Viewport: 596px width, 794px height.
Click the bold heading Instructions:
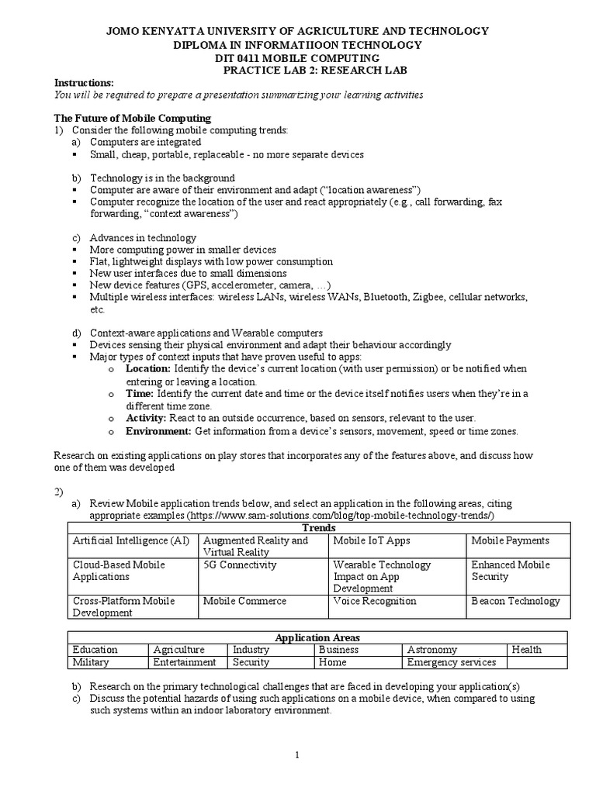(83, 83)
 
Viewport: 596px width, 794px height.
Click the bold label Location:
(147, 368)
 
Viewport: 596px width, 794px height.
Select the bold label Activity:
(146, 418)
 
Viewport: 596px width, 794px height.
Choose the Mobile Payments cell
(509, 540)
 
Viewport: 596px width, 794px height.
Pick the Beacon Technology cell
(515, 601)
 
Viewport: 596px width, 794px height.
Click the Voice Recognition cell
(374, 601)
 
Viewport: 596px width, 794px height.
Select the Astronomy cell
(431, 650)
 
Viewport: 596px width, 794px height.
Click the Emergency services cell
(451, 662)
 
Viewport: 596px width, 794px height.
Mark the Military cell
(91, 662)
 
